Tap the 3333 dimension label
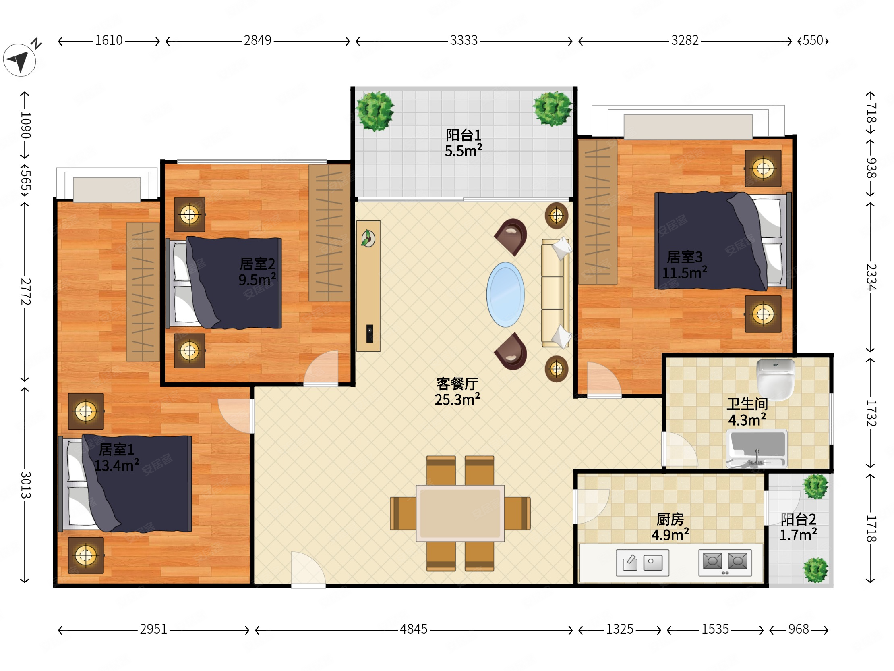pos(464,40)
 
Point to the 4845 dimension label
pos(414,629)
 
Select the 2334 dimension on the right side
pos(871,277)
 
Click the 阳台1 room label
pos(463,135)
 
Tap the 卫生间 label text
pos(747,404)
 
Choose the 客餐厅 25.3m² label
pos(457,392)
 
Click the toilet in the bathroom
pos(775,379)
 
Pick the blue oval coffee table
pos(505,295)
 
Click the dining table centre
pos(460,513)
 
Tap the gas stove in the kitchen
pos(725,562)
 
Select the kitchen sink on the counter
pos(643,563)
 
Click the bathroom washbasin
pos(757,449)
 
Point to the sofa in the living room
pos(556,293)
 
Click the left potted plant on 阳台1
pos(375,111)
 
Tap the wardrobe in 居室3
pos(598,212)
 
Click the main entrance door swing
pos(308,569)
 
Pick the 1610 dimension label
pos(109,40)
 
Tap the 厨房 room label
pos(670,519)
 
